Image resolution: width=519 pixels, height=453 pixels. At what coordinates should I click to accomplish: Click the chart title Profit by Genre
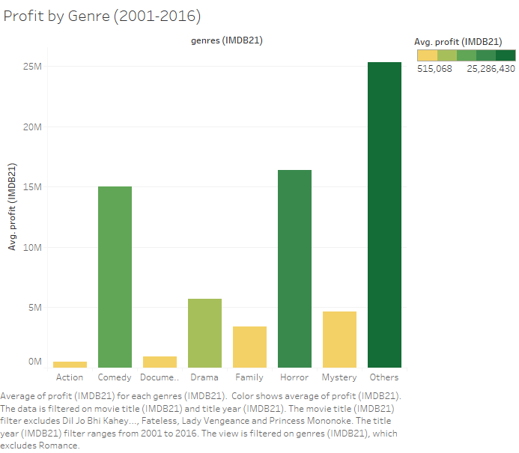(x=102, y=15)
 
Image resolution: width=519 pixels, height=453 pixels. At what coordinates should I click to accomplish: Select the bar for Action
(x=70, y=364)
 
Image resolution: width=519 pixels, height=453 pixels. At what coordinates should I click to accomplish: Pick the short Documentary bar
(x=160, y=362)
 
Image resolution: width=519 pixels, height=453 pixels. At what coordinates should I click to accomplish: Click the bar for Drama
(x=204, y=333)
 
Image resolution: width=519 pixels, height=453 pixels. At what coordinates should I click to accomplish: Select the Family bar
(x=249, y=347)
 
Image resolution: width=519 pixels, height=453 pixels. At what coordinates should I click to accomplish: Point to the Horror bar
(x=294, y=269)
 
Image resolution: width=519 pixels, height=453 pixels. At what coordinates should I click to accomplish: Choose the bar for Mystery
(x=339, y=339)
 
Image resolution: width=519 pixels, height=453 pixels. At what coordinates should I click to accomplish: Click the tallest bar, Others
(x=384, y=215)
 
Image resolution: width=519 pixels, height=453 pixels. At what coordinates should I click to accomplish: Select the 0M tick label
(x=34, y=362)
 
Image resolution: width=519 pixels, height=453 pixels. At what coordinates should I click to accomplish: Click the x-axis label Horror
(x=294, y=377)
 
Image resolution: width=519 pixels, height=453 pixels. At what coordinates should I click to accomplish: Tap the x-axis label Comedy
(x=115, y=377)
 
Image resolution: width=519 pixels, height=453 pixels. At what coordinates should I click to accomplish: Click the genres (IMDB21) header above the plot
(x=226, y=40)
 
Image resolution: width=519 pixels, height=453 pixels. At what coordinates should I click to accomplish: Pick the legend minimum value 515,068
(x=435, y=68)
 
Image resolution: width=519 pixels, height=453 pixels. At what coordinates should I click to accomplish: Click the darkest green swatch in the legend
(x=506, y=55)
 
